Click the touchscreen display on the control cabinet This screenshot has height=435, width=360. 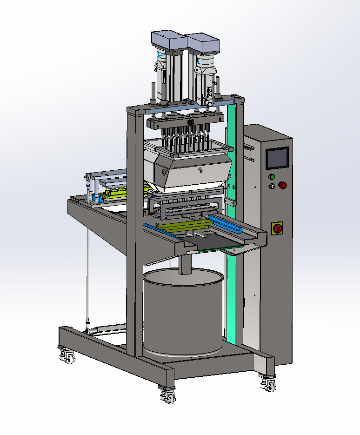pos(276,158)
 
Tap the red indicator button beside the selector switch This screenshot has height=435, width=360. pos(282,185)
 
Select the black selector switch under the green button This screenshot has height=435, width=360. pos(273,186)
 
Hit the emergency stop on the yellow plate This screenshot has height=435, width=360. pos(277,228)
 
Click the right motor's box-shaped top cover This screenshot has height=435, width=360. pos(203,43)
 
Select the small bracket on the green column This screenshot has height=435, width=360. pos(230,202)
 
